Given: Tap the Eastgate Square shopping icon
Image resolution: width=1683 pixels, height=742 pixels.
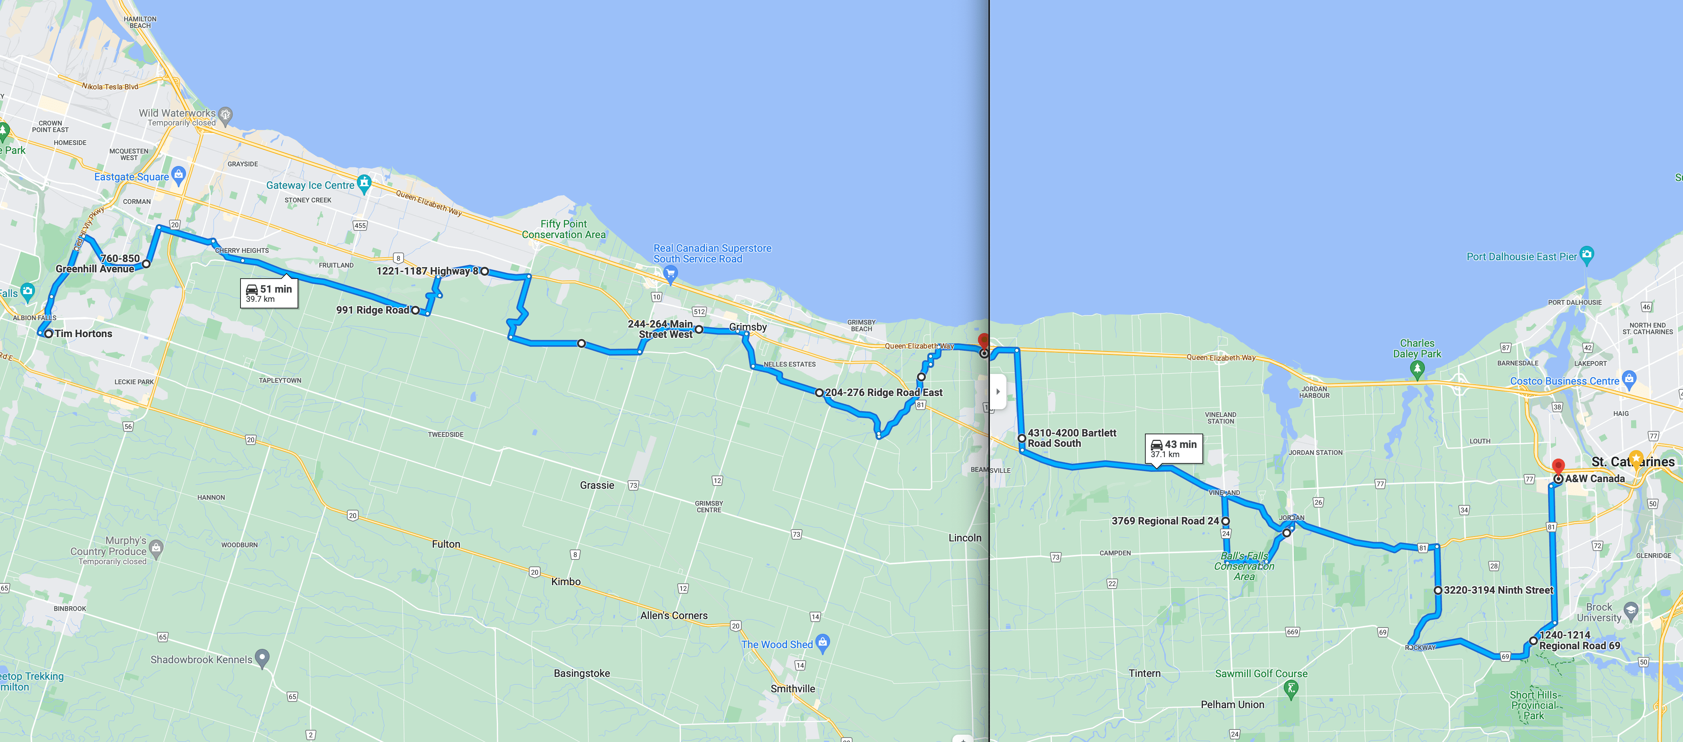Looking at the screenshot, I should coord(179,174).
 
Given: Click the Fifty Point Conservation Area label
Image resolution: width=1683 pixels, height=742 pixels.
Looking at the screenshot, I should coord(563,229).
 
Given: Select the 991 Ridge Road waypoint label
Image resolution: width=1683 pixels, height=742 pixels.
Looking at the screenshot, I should coord(372,310).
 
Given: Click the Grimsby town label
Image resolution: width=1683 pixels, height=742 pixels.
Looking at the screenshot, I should coord(748,326).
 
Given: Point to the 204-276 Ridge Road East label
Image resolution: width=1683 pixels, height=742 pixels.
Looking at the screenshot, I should coord(883,393).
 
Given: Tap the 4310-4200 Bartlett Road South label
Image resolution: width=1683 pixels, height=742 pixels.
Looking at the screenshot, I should coord(1071,438).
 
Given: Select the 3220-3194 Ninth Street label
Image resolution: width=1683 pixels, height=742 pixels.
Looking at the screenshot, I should coord(1498,590).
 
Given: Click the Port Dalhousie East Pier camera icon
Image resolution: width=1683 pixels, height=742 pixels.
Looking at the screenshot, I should coord(1586,254).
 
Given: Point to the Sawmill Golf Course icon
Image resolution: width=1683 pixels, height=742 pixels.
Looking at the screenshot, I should coord(1290,688).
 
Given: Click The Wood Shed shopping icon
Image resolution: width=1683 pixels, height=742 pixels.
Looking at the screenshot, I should coord(823,642).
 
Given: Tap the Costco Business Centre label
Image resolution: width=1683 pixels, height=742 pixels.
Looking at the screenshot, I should coord(1564,381).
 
